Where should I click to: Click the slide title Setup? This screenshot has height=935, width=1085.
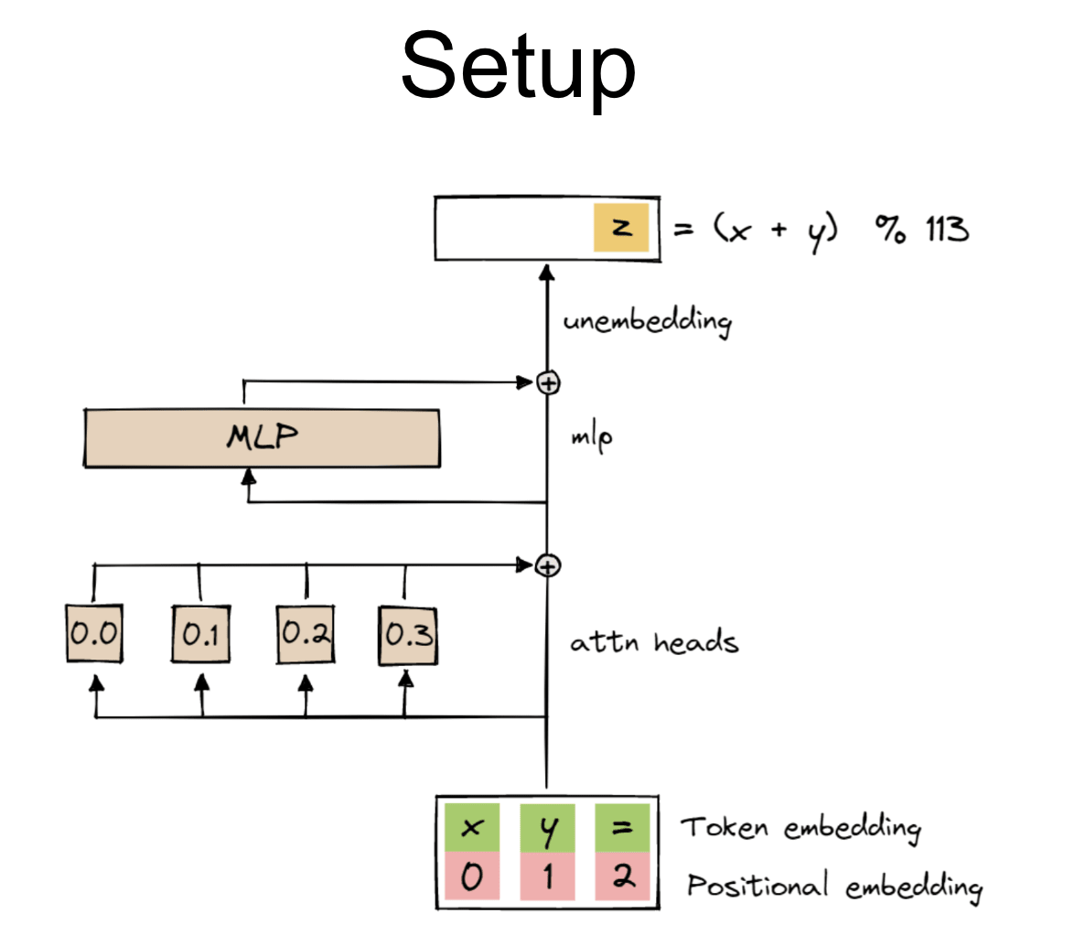[518, 66]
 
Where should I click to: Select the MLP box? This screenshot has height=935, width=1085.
[262, 438]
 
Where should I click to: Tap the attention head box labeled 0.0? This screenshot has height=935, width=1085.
[94, 633]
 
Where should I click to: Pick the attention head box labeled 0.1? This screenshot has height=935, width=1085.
[200, 633]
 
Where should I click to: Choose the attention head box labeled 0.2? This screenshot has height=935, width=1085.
[306, 633]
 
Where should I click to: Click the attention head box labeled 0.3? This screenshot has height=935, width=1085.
[408, 633]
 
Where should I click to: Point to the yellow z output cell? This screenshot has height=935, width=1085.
[621, 228]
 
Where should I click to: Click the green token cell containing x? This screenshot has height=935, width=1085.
[471, 828]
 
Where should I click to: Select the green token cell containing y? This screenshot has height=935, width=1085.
[547, 828]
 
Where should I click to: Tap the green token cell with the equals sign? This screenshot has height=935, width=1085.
[622, 828]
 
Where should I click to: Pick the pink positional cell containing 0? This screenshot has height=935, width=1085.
[471, 877]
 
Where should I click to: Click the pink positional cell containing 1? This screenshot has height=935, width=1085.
[547, 877]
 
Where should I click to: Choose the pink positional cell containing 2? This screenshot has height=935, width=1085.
[622, 877]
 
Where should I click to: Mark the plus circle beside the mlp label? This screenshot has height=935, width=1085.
[547, 382]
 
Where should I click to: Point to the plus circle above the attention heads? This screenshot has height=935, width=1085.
[547, 565]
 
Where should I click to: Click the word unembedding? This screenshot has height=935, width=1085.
[647, 322]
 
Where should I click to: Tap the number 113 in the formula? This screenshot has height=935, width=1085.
[946, 228]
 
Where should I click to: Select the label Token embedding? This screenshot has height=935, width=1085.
[800, 828]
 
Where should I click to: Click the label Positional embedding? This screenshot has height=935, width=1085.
[834, 886]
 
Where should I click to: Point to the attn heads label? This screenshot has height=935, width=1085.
[653, 642]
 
